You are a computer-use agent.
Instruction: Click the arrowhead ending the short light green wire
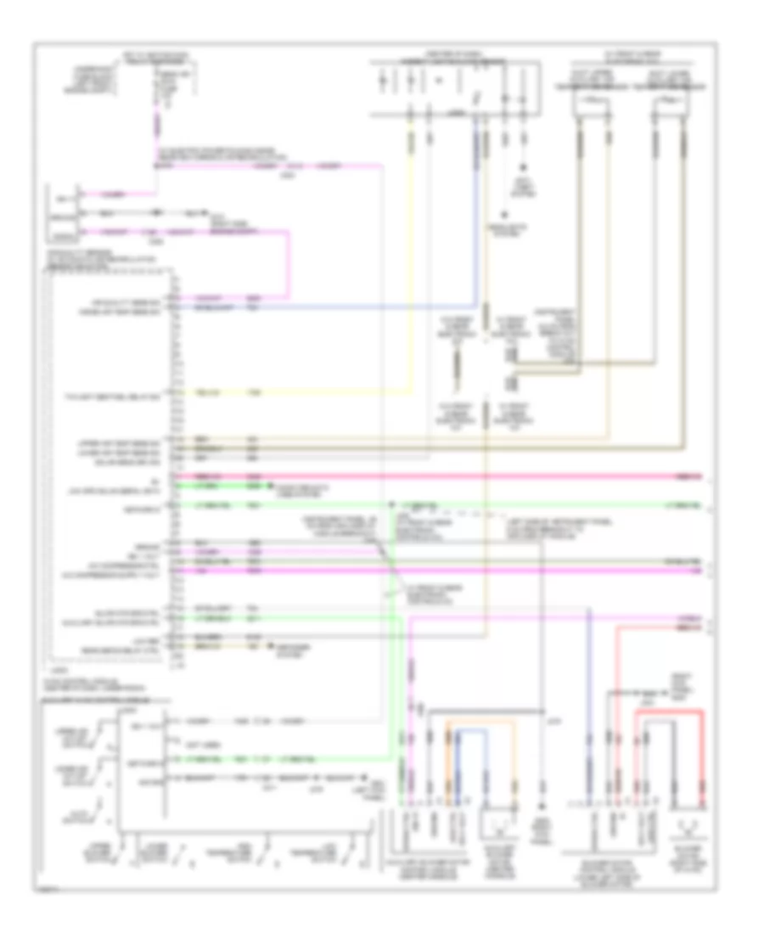(x=272, y=487)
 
